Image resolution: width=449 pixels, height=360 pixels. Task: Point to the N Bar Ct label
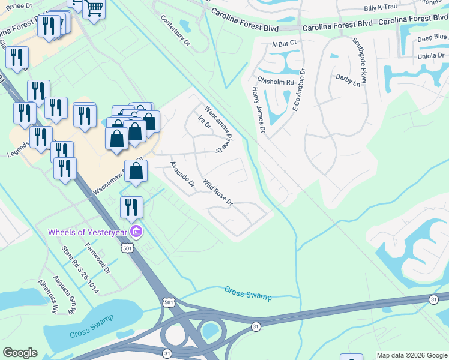point(284,44)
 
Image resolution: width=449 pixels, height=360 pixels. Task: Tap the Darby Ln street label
point(348,80)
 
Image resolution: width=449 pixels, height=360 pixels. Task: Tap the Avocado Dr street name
point(182,174)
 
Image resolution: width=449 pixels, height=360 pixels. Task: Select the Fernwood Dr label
point(97,257)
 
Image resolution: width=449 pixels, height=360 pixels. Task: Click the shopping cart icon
point(94,8)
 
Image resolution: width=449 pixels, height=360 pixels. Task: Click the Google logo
point(20,353)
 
